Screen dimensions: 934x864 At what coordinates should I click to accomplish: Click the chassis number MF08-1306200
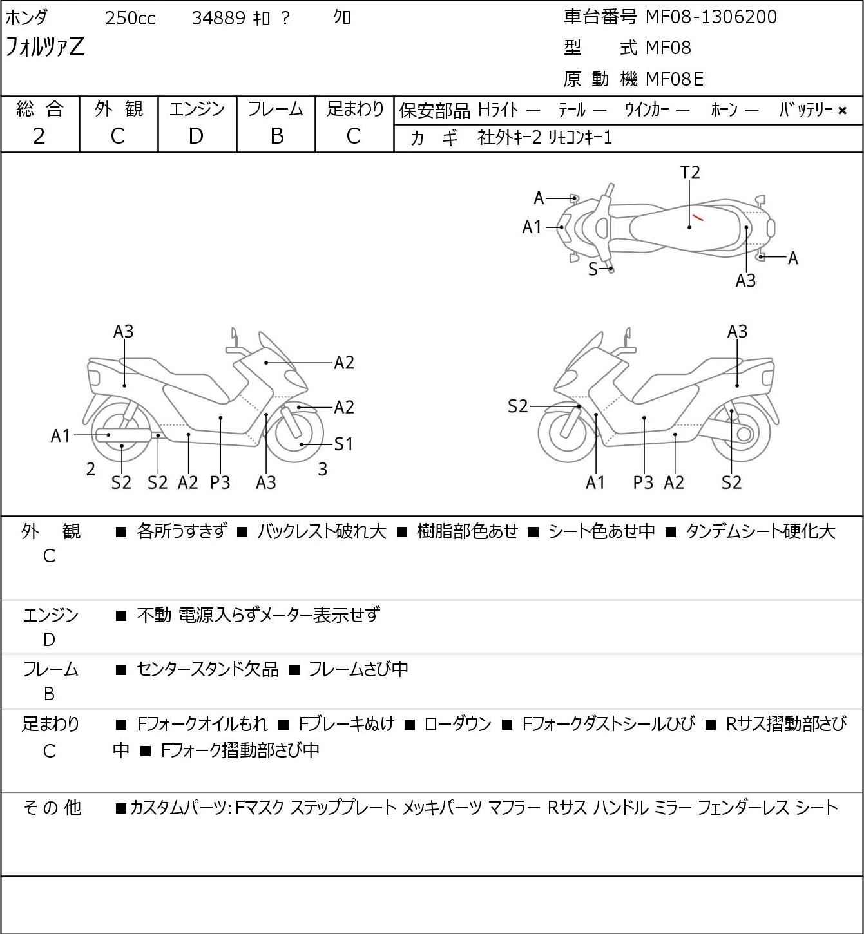click(x=711, y=17)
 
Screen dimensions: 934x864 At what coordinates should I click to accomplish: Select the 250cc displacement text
click(x=130, y=18)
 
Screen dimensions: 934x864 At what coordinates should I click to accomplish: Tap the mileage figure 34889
click(x=218, y=18)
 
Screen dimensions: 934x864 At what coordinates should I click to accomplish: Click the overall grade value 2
click(x=39, y=136)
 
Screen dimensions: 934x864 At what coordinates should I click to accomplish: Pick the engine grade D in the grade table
click(x=196, y=136)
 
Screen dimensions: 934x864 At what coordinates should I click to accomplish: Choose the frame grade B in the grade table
click(x=276, y=136)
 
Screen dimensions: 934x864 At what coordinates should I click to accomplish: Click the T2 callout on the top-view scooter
click(x=689, y=173)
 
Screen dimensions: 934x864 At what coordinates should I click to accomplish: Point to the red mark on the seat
click(x=698, y=216)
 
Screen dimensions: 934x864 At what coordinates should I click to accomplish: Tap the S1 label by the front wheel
click(x=343, y=444)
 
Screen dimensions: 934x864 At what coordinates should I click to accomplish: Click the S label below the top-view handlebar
click(x=593, y=269)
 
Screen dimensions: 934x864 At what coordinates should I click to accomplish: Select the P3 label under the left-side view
click(x=220, y=482)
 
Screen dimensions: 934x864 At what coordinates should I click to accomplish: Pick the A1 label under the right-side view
click(x=595, y=482)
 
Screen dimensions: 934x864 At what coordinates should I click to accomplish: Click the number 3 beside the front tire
click(x=323, y=470)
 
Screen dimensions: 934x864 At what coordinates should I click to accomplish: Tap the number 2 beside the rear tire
click(x=91, y=470)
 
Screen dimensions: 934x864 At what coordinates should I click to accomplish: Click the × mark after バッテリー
click(x=842, y=111)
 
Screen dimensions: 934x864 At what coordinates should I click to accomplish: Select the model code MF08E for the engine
click(x=674, y=79)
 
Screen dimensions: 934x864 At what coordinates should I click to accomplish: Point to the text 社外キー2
click(x=509, y=138)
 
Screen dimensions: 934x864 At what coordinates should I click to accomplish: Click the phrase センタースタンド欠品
click(x=207, y=670)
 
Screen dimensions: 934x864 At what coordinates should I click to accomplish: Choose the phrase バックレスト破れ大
click(x=322, y=531)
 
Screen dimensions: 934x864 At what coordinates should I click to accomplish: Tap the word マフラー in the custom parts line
click(x=514, y=808)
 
